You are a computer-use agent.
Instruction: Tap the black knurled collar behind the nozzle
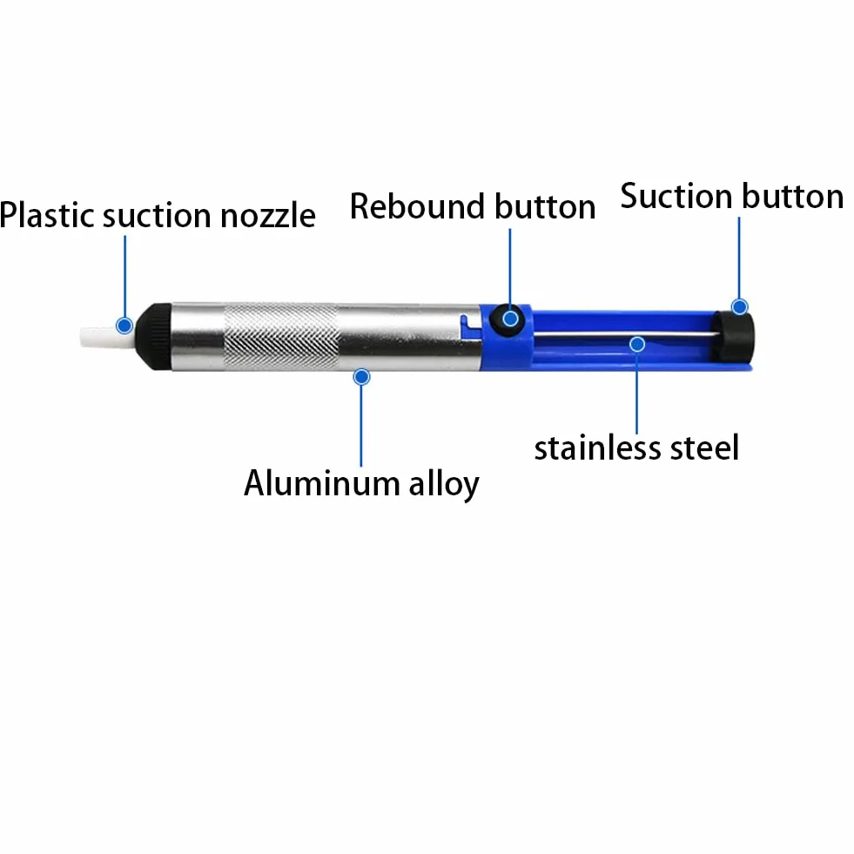(153, 337)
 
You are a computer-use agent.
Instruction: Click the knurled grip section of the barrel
(281, 337)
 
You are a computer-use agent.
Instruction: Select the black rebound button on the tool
(508, 320)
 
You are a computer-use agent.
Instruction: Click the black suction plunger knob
(733, 336)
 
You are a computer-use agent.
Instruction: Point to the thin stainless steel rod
(623, 334)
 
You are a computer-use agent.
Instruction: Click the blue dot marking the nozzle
(124, 326)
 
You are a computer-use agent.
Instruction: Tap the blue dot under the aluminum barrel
(361, 377)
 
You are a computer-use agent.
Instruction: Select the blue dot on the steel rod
(637, 344)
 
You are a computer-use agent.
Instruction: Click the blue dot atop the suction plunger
(739, 306)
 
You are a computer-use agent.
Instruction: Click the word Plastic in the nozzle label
(47, 215)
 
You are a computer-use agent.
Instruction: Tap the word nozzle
(268, 216)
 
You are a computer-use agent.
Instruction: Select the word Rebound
(417, 206)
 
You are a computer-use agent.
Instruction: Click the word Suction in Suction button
(676, 196)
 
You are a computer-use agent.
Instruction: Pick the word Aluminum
(322, 483)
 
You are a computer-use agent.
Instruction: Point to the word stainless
(597, 447)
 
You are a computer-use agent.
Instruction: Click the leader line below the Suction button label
(739, 259)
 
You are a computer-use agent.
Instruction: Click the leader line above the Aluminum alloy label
(361, 426)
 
